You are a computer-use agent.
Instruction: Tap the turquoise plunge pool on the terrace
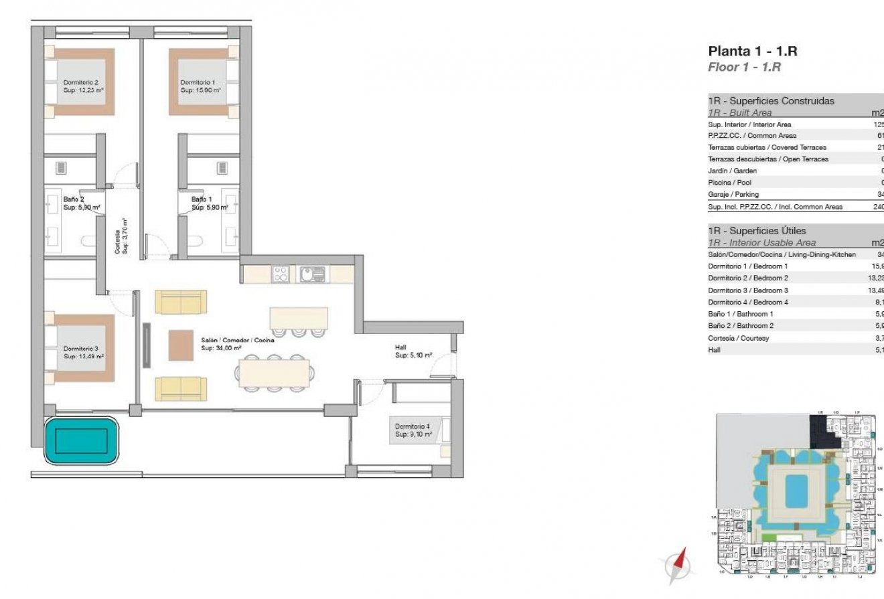tap(81, 440)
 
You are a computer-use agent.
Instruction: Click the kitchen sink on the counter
tap(312, 274)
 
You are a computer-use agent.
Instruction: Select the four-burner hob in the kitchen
tap(281, 274)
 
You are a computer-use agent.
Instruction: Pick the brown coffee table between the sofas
tap(180, 346)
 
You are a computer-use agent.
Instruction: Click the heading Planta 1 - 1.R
tap(752, 52)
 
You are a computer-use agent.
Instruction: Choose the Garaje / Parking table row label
tap(733, 194)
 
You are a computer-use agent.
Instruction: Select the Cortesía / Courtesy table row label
tap(738, 338)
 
